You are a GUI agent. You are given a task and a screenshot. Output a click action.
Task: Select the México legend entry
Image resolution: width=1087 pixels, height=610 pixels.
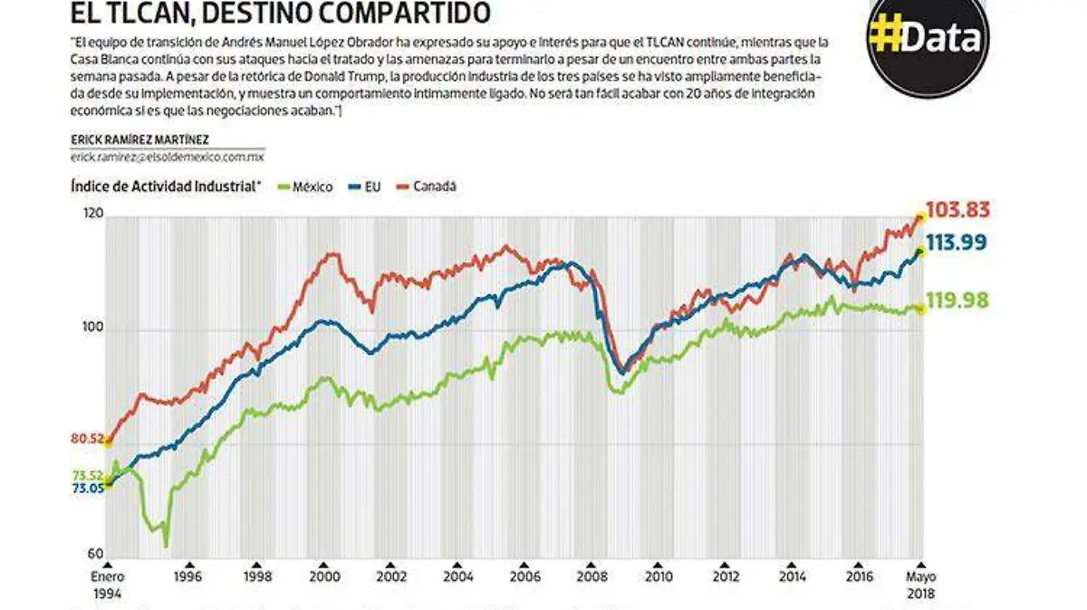308,188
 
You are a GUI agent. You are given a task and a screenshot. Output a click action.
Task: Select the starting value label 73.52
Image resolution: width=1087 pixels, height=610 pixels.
87,476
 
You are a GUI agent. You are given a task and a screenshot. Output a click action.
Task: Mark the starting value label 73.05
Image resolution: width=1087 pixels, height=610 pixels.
87,489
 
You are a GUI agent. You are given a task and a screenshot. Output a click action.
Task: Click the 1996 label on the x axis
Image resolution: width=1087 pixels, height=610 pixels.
188,576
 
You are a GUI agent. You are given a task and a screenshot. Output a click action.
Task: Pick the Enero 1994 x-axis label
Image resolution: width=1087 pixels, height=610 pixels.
107,584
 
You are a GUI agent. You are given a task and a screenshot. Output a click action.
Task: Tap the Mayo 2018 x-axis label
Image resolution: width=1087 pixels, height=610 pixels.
921,584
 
